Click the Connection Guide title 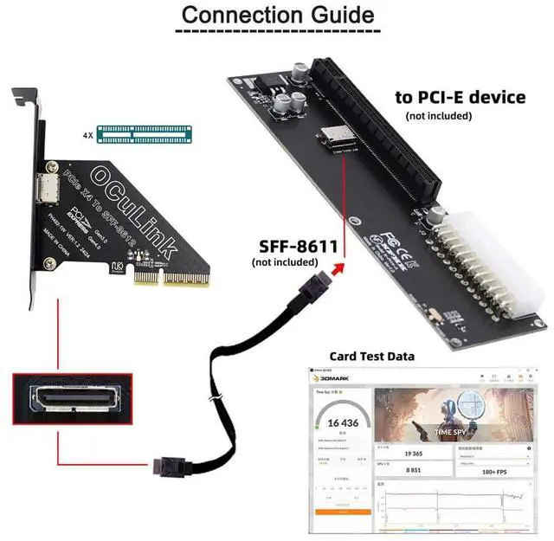pyautogui.click(x=277, y=15)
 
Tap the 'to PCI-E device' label pyautogui.click(x=460, y=97)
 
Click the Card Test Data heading pyautogui.click(x=372, y=356)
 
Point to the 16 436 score pyautogui.click(x=340, y=423)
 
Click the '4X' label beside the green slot pyautogui.click(x=87, y=135)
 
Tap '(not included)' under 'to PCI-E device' pyautogui.click(x=439, y=116)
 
